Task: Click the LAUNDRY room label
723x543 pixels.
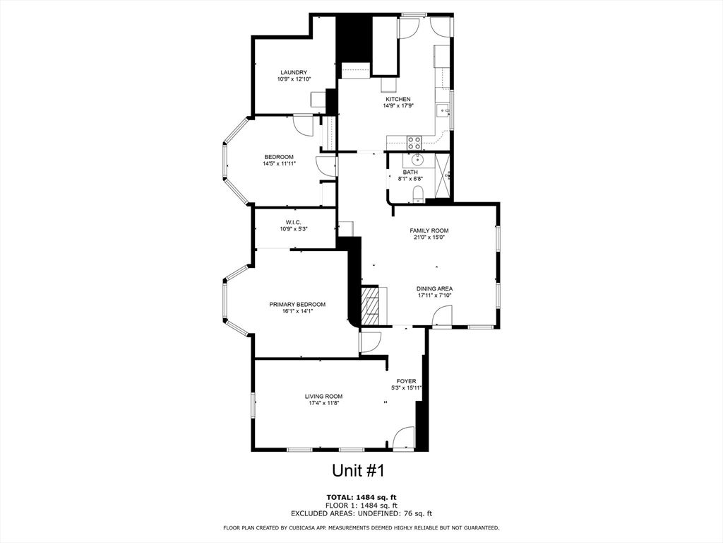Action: pyautogui.click(x=294, y=72)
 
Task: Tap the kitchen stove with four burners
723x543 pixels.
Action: pyautogui.click(x=414, y=141)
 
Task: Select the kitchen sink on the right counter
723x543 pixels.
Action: pyautogui.click(x=443, y=110)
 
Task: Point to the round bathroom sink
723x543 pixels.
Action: pyautogui.click(x=417, y=159)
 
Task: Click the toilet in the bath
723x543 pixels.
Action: pyautogui.click(x=417, y=193)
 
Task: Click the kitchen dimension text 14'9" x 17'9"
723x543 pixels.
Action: pyautogui.click(x=398, y=106)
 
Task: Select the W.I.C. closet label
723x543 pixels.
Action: pyautogui.click(x=294, y=222)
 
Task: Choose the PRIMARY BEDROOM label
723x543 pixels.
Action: pyautogui.click(x=297, y=304)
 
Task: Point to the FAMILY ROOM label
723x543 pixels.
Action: pyautogui.click(x=429, y=230)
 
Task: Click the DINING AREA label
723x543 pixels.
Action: pyautogui.click(x=434, y=288)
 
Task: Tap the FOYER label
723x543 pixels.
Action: pyautogui.click(x=406, y=381)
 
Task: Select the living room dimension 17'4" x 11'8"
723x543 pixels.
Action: pyautogui.click(x=324, y=404)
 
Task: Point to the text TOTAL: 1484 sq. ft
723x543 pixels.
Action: pyautogui.click(x=361, y=497)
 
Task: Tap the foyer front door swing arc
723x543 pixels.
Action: pyautogui.click(x=404, y=438)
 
